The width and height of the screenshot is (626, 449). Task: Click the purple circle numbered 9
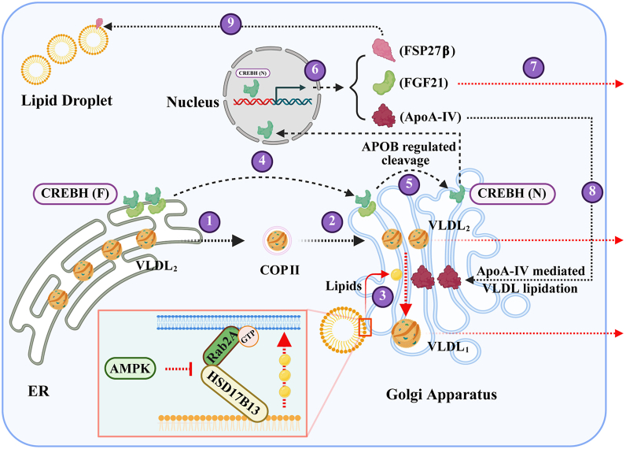click(x=230, y=23)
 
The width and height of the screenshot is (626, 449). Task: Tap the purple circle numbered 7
click(x=534, y=67)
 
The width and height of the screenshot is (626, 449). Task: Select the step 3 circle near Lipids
click(x=383, y=296)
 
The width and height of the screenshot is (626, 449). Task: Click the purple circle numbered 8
click(x=592, y=191)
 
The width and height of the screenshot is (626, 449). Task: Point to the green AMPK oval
click(x=130, y=368)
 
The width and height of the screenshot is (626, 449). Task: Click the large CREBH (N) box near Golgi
click(x=512, y=194)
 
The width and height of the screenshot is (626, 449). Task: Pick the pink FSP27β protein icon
click(x=384, y=50)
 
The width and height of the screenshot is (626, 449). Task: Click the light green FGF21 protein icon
click(x=383, y=83)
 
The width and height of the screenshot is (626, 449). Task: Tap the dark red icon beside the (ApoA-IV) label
click(x=384, y=116)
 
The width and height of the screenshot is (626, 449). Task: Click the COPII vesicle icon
click(x=277, y=241)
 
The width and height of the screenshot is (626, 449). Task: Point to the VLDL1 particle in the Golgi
click(x=406, y=333)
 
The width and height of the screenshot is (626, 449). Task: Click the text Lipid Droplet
click(x=67, y=100)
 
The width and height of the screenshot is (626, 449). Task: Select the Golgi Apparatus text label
click(x=441, y=395)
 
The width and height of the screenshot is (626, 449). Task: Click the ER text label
click(x=39, y=391)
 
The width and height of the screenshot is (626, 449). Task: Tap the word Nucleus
click(x=193, y=102)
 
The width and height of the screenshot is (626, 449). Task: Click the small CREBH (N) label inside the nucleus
click(x=252, y=73)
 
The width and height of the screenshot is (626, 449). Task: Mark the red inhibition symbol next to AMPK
click(x=179, y=369)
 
